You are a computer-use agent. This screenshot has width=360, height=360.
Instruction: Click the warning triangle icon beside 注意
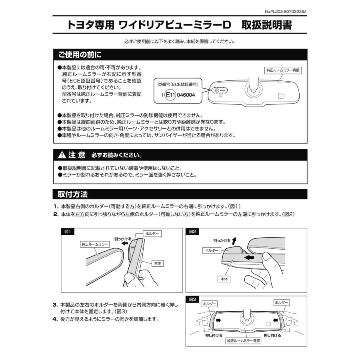pyautogui.click(x=62, y=155)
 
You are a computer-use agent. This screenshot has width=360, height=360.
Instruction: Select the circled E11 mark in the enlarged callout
pyautogui.click(x=170, y=96)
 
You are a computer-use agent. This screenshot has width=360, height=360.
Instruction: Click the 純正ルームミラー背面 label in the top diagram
pyautogui.click(x=283, y=70)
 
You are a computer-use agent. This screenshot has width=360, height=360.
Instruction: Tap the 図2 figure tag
pyautogui.click(x=193, y=232)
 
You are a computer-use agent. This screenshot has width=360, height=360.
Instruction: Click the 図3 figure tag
pyautogui.click(x=193, y=299)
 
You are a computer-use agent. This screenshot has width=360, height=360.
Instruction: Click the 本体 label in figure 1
pyautogui.click(x=157, y=263)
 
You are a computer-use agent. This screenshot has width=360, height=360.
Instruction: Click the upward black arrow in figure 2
pyautogui.click(x=234, y=240)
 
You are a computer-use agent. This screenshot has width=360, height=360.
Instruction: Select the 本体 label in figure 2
pyautogui.click(x=223, y=279)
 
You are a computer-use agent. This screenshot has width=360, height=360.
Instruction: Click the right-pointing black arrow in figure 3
pyautogui.click(x=218, y=320)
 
